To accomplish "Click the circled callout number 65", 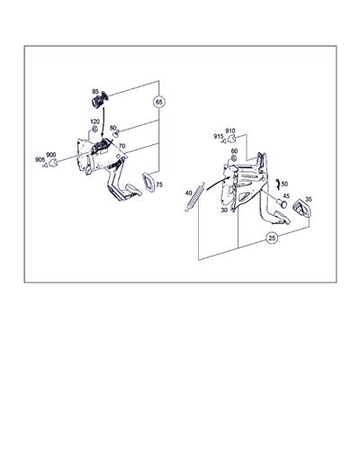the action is tap(159, 102).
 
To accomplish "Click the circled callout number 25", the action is tap(272, 238).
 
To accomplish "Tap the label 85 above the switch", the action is tap(95, 91).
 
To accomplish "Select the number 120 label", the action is tap(94, 121).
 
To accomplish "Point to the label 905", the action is tap(40, 159).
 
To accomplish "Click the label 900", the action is tap(51, 155).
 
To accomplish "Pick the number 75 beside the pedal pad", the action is tap(159, 184).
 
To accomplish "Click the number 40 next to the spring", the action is tap(188, 193).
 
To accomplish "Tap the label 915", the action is tap(219, 137).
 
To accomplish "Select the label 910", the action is tap(230, 130).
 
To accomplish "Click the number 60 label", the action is tap(234, 151).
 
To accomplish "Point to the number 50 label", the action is tap(284, 184).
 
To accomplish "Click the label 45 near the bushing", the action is tap(286, 196).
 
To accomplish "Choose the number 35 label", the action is tap(309, 199).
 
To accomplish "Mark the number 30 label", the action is tap(224, 211).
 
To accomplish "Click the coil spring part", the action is tap(195, 197).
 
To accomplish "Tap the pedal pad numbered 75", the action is tap(148, 182).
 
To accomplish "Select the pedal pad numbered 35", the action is tap(301, 208).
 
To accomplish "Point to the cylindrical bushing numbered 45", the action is tap(282, 203).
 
